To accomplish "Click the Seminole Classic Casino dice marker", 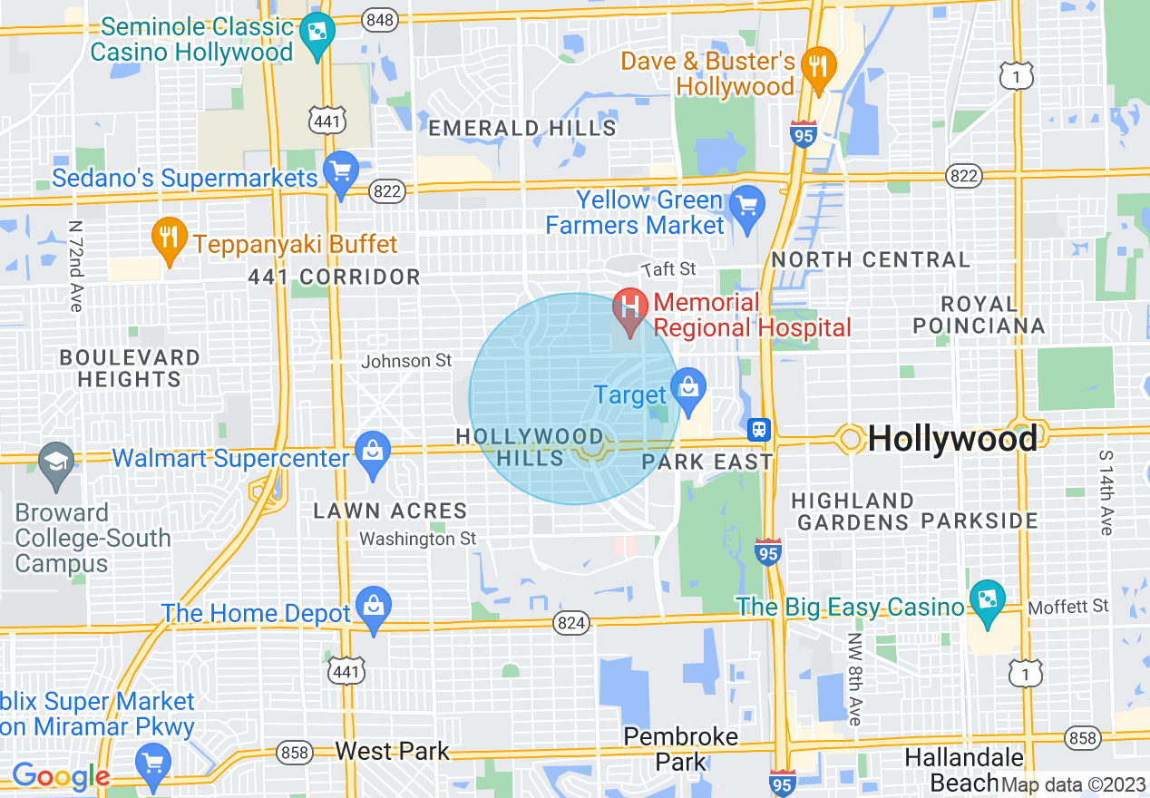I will tap(317, 34).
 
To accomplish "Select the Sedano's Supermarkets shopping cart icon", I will tap(341, 171).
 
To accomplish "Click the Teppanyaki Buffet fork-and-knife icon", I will tap(168, 238).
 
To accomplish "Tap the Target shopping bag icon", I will tap(688, 389).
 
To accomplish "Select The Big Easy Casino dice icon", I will tap(986, 599).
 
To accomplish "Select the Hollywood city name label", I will tap(952, 440).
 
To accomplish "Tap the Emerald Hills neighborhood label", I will tap(522, 129).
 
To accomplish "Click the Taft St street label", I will tap(668, 269).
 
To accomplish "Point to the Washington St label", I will tap(417, 539).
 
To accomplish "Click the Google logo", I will tap(61, 776).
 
